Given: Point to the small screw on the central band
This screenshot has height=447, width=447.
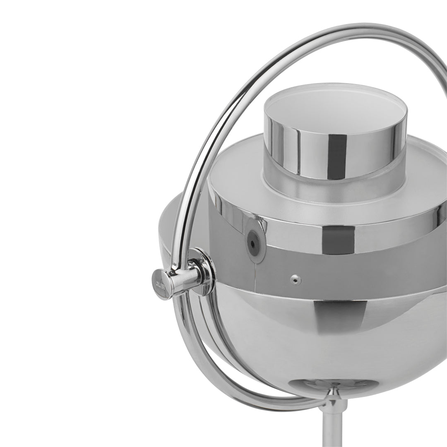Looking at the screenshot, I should click(295, 280).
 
